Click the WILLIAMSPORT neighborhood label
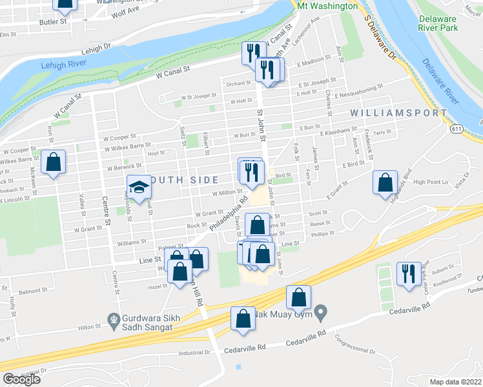[x=398, y=113]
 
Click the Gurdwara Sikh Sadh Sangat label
[x=140, y=322]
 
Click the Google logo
[x=21, y=379]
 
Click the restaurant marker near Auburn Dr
[x=409, y=273]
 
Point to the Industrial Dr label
[x=195, y=353]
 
